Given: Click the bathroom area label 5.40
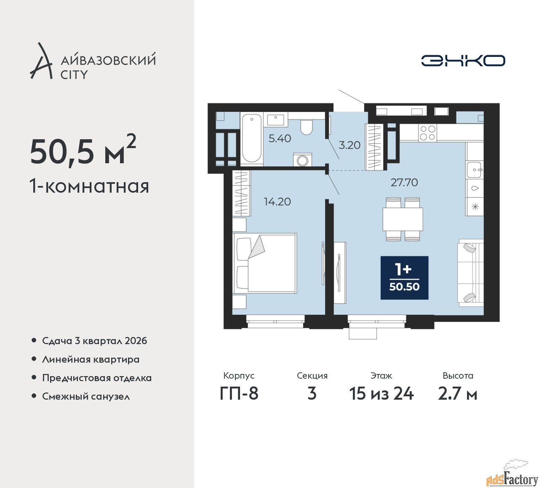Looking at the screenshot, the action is (x=280, y=138).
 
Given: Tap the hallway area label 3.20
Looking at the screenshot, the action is (x=350, y=145).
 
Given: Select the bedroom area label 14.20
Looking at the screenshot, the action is (x=278, y=202).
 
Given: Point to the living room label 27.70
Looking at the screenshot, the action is (x=404, y=183).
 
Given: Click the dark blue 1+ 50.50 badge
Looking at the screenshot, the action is (x=404, y=278).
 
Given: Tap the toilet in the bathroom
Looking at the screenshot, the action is (x=306, y=127).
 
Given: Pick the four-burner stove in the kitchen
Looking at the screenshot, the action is (x=427, y=133).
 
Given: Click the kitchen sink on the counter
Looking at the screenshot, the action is (x=475, y=170).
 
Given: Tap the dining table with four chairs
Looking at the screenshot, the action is (x=403, y=219).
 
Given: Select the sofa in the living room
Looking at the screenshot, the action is (x=471, y=273).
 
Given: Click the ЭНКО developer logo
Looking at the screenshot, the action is (x=463, y=61).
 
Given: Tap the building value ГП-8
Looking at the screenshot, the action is (x=239, y=394).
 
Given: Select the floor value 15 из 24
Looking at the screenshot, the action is (x=381, y=394).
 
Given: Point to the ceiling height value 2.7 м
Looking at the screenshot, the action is (x=458, y=394).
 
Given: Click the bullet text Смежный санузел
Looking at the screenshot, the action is (x=86, y=396).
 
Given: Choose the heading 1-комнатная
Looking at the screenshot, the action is (x=89, y=186).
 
